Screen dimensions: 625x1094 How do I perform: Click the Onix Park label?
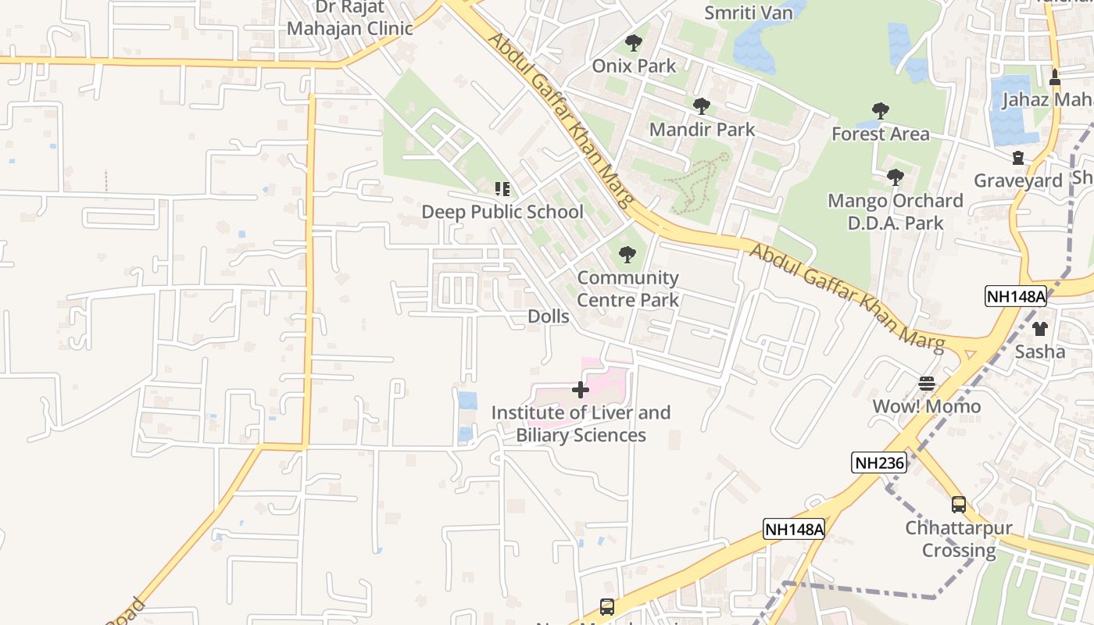pyautogui.click(x=634, y=66)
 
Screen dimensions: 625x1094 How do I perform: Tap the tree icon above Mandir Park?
pyautogui.click(x=702, y=106)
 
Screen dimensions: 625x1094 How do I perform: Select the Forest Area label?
pyautogui.click(x=881, y=134)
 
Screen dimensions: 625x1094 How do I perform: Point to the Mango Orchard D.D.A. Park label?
pyautogui.click(x=896, y=212)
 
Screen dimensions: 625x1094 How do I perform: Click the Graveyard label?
pyautogui.click(x=1018, y=181)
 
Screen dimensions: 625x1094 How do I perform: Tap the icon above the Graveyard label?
pyautogui.click(x=1018, y=159)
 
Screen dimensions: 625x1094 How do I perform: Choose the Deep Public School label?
pyautogui.click(x=502, y=212)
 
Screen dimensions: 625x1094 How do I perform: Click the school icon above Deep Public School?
pyautogui.click(x=502, y=189)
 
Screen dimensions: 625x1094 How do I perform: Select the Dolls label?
pyautogui.click(x=549, y=316)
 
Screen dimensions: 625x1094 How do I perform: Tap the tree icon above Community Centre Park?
pyautogui.click(x=627, y=255)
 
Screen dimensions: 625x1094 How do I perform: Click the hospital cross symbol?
pyautogui.click(x=581, y=389)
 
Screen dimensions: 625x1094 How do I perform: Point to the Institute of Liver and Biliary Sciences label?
pyautogui.click(x=581, y=423)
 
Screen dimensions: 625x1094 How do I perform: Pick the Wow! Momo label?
pyautogui.click(x=927, y=406)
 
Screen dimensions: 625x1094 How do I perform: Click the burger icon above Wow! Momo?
pyautogui.click(x=927, y=384)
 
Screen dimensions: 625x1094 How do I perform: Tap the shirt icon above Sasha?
pyautogui.click(x=1039, y=329)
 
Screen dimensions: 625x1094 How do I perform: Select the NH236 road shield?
pyautogui.click(x=879, y=462)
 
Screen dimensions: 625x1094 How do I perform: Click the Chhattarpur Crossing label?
pyautogui.click(x=959, y=539)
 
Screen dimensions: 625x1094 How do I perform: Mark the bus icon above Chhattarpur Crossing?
pyautogui.click(x=959, y=505)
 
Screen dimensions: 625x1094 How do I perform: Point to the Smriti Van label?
pyautogui.click(x=749, y=12)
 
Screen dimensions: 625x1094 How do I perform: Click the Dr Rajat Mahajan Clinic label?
pyautogui.click(x=349, y=18)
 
